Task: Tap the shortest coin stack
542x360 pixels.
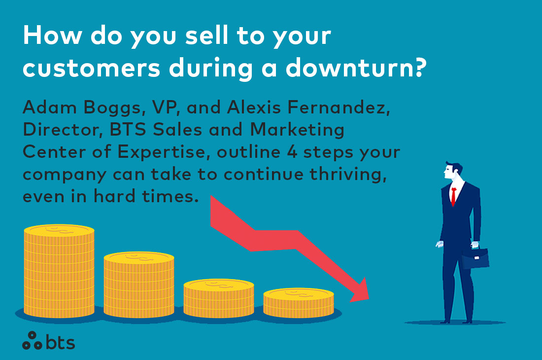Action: pos(298,303)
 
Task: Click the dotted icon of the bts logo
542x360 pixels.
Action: pos(33,340)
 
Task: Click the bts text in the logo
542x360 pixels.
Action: pos(61,341)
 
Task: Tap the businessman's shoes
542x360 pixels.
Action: pos(453,321)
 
